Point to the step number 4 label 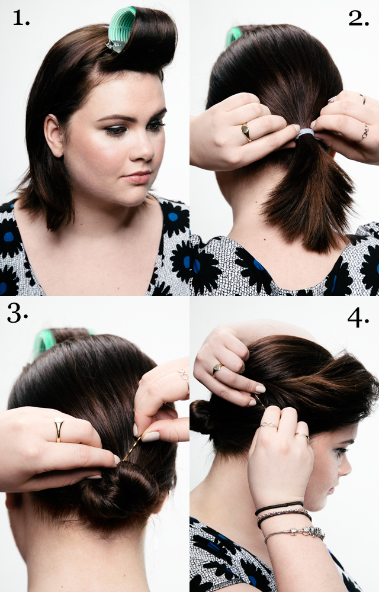click(x=358, y=317)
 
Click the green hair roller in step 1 click(x=121, y=30)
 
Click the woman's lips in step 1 click(x=137, y=176)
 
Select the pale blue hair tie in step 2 click(x=304, y=135)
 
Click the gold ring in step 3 click(x=59, y=429)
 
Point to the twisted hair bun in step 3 click(x=118, y=488)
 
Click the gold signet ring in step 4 click(x=217, y=369)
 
